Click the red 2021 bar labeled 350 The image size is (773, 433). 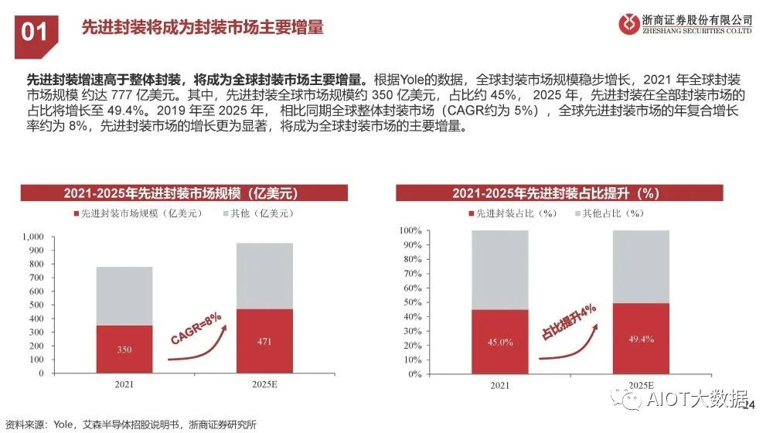point(124,349)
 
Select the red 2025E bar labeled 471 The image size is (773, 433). point(265,341)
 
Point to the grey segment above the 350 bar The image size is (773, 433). point(124,295)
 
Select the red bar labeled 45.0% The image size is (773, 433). point(499,341)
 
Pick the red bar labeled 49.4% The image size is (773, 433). point(641,338)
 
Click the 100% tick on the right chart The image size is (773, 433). point(410,231)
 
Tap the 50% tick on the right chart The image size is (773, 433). point(412,302)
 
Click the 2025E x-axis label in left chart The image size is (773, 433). point(265,384)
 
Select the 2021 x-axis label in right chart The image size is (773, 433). point(499,384)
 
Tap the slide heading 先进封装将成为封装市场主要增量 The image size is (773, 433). point(203,28)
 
